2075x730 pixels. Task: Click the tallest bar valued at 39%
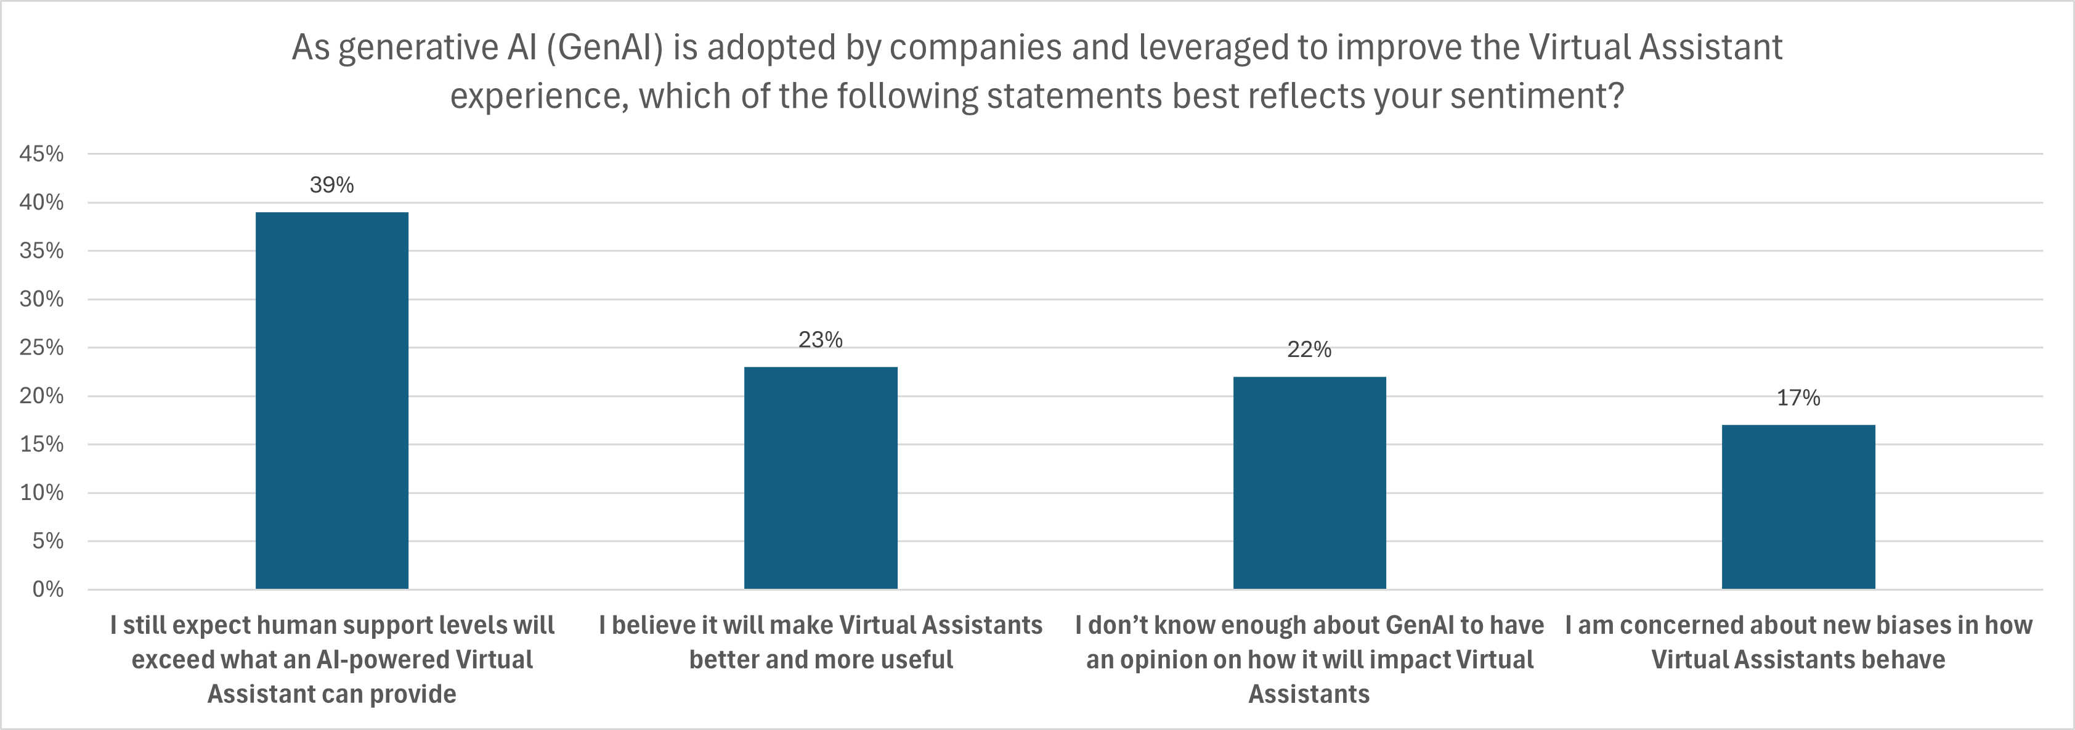332,401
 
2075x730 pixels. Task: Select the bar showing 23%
820,478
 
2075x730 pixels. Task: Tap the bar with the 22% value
1309,483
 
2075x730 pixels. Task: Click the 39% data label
332,186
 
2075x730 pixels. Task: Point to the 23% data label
820,340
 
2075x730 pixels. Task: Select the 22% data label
1309,350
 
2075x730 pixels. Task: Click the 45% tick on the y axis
42,154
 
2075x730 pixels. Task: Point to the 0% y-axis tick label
47,590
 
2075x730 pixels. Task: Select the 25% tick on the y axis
42,347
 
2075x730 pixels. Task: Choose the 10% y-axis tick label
42,492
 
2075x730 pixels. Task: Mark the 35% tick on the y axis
42,250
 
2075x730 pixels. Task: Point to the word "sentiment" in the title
1527,97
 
